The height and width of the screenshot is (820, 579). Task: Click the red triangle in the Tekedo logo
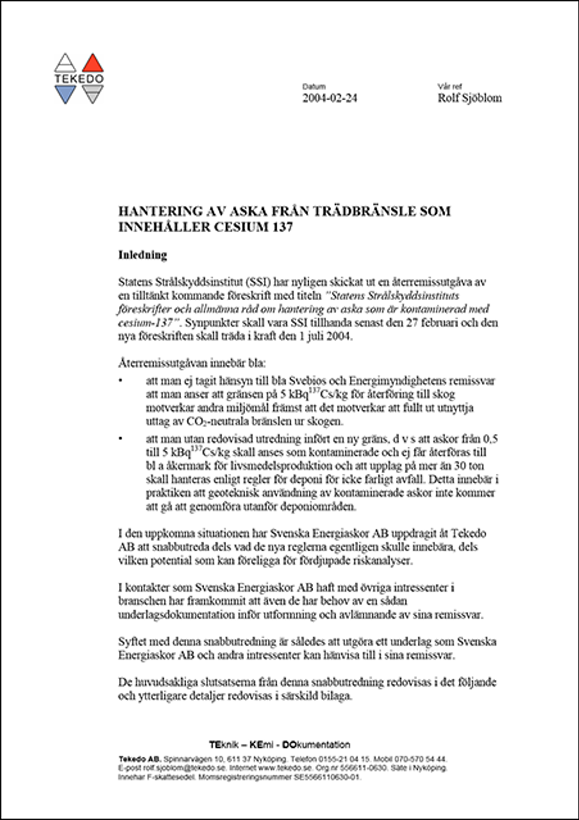(x=92, y=64)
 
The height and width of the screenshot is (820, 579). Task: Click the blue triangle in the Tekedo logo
(x=65, y=94)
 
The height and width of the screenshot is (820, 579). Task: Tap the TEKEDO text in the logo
(x=78, y=79)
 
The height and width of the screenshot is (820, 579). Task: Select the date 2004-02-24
(x=329, y=98)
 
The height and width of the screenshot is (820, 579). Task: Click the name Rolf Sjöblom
(x=469, y=98)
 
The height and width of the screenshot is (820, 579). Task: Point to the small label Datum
(x=314, y=87)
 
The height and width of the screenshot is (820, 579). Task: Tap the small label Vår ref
(x=450, y=87)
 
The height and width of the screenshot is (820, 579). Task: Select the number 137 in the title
(x=280, y=227)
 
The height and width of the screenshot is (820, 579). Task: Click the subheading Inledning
(x=143, y=255)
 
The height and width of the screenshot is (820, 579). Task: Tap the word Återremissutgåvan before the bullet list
(x=159, y=363)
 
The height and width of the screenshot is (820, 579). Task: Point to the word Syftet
(x=132, y=641)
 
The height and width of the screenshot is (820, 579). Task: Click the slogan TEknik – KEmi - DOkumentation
(x=280, y=744)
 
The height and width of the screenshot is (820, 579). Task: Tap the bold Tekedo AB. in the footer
(x=139, y=759)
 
